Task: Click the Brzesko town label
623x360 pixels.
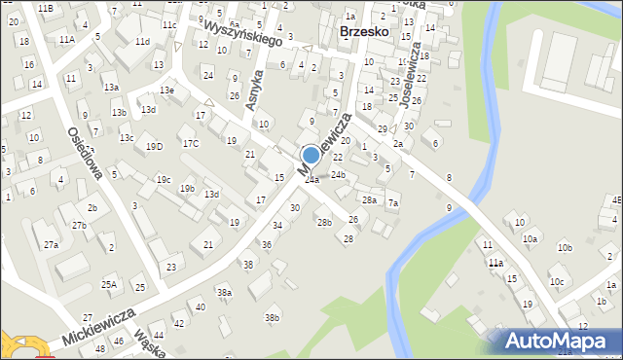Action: coord(365,31)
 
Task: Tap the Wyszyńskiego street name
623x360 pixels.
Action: coord(239,37)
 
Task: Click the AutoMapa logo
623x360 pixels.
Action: coord(561,341)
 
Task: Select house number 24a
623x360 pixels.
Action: coord(311,180)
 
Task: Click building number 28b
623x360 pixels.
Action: coord(324,222)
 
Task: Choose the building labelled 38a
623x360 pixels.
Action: coord(224,293)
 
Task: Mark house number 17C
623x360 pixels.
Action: coord(191,144)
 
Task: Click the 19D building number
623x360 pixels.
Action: coord(154,147)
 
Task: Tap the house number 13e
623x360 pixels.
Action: coord(167,90)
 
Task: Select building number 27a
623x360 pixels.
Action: coord(51,245)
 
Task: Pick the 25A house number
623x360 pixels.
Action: coord(109,285)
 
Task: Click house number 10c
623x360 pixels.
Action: coord(556,282)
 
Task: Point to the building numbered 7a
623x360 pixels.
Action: coord(393,203)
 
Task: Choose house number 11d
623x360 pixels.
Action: coord(142,42)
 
